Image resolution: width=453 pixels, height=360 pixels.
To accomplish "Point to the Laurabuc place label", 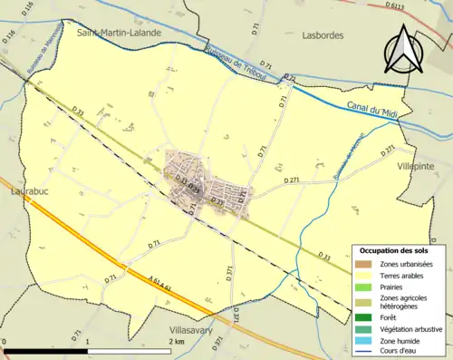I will pyautogui.click(x=28, y=192).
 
